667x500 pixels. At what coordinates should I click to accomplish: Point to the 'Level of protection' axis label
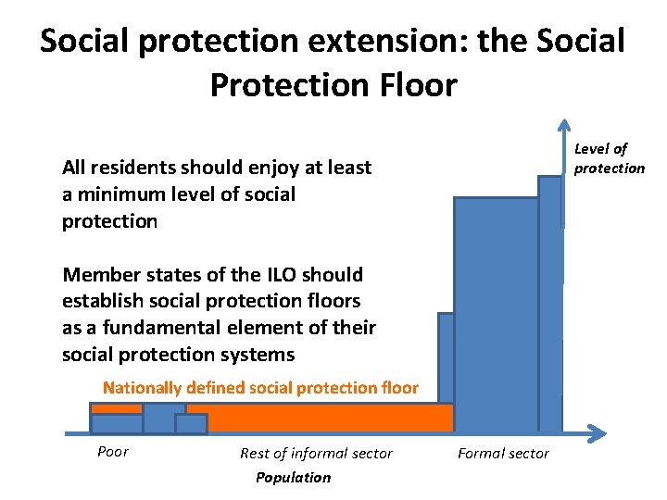coord(608,158)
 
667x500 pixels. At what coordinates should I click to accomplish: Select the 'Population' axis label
coord(293,478)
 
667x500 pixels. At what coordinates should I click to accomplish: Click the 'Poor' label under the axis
coord(113,452)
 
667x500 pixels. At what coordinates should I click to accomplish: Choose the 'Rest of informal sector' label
coord(316,454)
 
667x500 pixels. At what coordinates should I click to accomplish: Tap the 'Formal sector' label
coord(503,454)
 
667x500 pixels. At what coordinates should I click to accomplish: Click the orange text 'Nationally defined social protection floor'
coord(260,388)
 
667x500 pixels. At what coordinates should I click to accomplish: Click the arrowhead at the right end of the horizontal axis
coord(598,432)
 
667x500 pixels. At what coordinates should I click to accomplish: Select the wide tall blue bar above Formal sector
coord(496,315)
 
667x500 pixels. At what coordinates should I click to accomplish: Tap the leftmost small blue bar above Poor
coord(117,423)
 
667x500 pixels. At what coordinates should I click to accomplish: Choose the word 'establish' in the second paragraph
coord(101,301)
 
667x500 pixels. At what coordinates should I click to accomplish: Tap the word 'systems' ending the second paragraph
coord(263,355)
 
